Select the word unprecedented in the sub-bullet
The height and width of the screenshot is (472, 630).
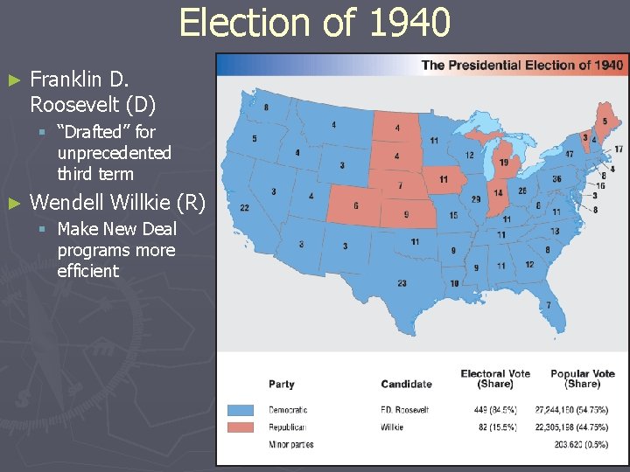coord(114,153)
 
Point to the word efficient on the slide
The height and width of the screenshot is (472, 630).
coord(87,271)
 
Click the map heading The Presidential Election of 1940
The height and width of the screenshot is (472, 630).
coord(522,66)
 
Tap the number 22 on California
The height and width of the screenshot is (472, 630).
coord(244,207)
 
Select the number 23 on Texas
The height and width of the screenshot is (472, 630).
coord(402,283)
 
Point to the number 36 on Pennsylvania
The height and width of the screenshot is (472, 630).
coord(556,178)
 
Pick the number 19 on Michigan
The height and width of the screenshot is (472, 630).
coord(505,163)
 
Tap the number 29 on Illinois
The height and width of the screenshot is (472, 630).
coord(476,199)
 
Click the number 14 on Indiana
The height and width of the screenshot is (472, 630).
coord(498,193)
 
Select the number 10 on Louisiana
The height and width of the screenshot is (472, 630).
coord(454,284)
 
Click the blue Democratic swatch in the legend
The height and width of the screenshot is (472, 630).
coord(241,410)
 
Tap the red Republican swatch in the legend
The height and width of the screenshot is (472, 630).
coord(241,427)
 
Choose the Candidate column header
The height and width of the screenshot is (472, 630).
coord(406,384)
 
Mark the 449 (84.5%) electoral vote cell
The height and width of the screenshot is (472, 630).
coord(494,410)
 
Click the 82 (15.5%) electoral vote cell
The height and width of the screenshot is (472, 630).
coord(497,427)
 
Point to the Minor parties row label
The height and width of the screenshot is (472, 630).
coord(290,445)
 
